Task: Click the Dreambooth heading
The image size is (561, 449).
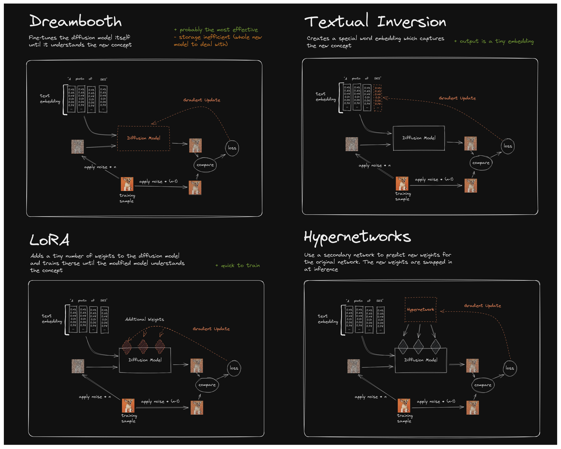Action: (76, 21)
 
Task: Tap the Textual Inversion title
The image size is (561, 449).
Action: (375, 21)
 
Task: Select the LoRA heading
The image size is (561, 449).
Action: (49, 240)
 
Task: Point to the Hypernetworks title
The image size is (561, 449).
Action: (357, 237)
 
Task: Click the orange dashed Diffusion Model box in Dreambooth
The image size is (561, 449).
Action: (143, 138)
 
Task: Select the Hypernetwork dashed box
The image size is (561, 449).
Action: (420, 310)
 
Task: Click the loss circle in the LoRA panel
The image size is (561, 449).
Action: (234, 368)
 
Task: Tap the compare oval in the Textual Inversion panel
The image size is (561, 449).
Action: (481, 163)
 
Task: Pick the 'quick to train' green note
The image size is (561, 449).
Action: (238, 265)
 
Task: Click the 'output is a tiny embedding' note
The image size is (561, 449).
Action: (494, 41)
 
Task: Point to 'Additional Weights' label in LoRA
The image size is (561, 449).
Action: (145, 319)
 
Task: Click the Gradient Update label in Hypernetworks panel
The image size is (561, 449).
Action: (482, 305)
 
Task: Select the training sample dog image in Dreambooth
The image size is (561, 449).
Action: (127, 184)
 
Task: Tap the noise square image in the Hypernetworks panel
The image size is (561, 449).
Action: (353, 366)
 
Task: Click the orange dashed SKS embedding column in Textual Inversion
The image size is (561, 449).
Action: (378, 98)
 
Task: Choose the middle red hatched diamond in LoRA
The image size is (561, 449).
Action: (143, 346)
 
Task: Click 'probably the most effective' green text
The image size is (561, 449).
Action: (216, 30)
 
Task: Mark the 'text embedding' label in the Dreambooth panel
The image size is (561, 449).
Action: (50, 98)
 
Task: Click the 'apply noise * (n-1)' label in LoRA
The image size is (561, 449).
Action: (160, 401)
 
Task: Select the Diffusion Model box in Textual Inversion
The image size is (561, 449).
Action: (419, 138)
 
